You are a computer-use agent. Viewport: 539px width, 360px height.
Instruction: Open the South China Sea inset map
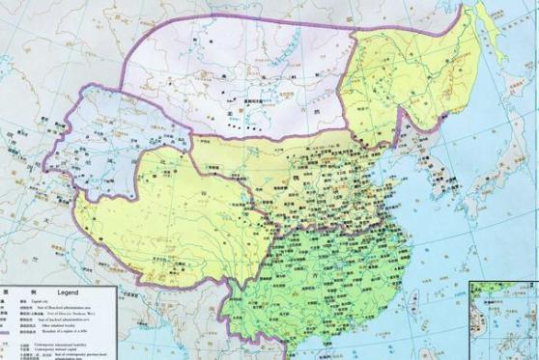pyautogui.click(x=502, y=318)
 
